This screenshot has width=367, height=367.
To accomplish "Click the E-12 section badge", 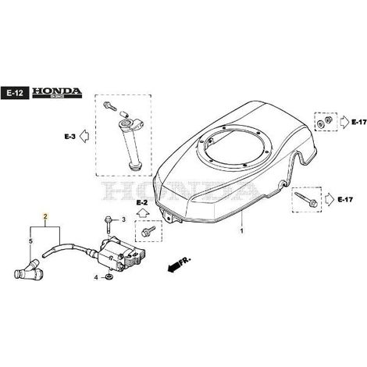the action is coord(15,93).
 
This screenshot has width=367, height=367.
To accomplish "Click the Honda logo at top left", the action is coord(57,93).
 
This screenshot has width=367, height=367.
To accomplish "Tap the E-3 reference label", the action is coord(70,137).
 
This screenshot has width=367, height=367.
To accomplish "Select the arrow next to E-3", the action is coord(84,136).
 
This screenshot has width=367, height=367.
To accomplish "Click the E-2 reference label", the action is coord(142,202).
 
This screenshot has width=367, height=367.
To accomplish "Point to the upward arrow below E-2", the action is coord(143,213).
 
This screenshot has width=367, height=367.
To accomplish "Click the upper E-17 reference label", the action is coord(359,122).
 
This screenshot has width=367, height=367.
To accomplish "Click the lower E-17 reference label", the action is coord(345,200).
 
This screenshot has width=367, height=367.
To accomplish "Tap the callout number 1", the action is coord(242,231).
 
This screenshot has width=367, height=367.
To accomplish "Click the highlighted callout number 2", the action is coord(45,216).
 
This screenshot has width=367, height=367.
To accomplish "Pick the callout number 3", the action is coord(123,220).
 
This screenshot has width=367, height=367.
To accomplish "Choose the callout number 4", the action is coord(96,278).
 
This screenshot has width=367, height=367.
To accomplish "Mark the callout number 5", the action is coord(30,241).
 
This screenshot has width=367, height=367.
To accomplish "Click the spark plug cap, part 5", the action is coord(28,271).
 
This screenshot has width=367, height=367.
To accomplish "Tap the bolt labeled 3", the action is coord(108,225).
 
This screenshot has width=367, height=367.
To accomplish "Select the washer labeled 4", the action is coord(109,276).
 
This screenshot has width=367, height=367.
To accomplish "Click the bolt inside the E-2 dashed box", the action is coord(148,231).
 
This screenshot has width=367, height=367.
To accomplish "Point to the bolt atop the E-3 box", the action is coord(110,106).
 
